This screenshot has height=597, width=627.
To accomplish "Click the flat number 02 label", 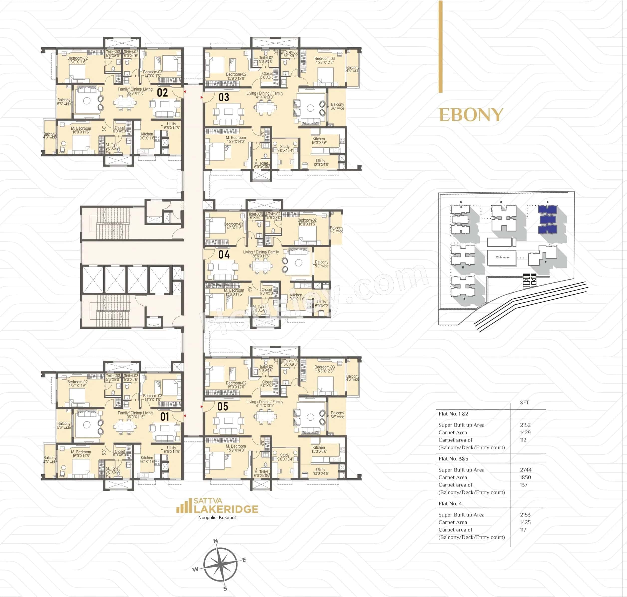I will click(x=162, y=93).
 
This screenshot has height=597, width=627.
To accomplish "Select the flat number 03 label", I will click(x=224, y=97).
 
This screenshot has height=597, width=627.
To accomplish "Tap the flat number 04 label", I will click(x=224, y=254).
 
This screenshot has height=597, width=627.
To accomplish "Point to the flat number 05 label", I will click(x=223, y=406).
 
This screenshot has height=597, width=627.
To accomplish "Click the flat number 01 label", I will click(x=165, y=417).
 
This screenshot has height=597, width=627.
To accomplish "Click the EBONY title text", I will click(x=471, y=115).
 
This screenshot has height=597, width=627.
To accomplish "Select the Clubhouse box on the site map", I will click(x=502, y=257).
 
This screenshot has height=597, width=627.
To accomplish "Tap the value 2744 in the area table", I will click(x=526, y=470).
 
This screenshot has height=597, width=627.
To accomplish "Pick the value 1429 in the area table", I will click(x=525, y=432).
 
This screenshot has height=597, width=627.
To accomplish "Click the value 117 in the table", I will click(x=523, y=530).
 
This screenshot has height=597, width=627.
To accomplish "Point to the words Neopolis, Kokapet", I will click(x=217, y=517).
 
